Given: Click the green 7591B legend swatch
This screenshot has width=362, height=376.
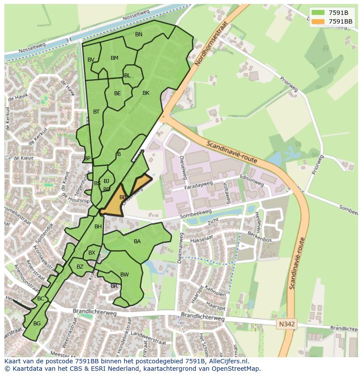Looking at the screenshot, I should tap(318, 12).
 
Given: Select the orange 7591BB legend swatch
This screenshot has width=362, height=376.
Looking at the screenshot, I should tap(318, 21).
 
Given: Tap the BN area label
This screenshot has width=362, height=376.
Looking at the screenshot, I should tap(139, 34).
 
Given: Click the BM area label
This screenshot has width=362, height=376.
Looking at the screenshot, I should tap(115, 58).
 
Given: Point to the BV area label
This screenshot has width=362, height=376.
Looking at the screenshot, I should tap(91, 60).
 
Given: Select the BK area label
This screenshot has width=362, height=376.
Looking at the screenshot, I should tap(146, 93).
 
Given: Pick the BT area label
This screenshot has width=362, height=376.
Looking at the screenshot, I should tap(96, 112).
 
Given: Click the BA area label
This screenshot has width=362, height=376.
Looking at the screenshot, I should tap(137, 241).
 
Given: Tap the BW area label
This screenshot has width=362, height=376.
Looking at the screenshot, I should tap(125, 275).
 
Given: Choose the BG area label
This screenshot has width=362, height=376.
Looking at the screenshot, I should tap(37, 324).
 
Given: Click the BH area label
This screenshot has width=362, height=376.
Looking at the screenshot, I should tap(98, 227).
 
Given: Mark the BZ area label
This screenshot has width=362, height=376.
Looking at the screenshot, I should tap(80, 267).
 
